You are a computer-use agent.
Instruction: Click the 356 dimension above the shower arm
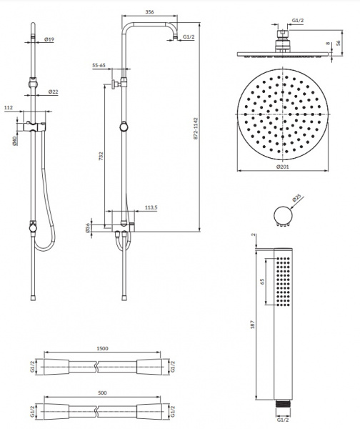tap(149, 11)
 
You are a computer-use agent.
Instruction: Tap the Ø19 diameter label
tap(49, 39)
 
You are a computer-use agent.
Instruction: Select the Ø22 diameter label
tap(54, 92)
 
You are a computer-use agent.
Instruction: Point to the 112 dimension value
tap(9, 108)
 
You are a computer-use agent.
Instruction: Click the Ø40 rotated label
tap(15, 140)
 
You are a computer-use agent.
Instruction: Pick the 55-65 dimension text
tap(99, 65)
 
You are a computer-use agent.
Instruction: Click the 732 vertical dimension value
tap(101, 156)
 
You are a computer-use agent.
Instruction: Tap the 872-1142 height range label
tap(196, 129)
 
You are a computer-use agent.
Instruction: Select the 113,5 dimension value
tap(151, 207)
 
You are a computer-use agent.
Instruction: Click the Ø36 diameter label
tap(87, 228)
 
